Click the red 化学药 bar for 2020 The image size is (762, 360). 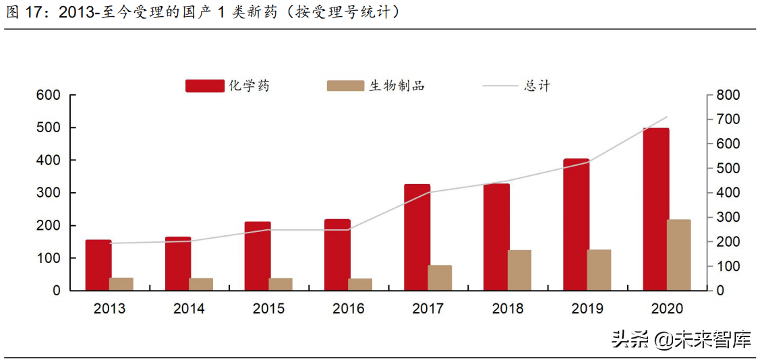[x=655, y=209]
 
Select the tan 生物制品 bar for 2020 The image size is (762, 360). [x=678, y=255]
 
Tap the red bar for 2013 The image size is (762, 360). [x=98, y=265]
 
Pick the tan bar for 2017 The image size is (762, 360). [x=440, y=278]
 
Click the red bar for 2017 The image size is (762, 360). [x=417, y=237]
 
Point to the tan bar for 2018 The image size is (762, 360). [x=519, y=270]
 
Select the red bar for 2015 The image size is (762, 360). [x=258, y=256]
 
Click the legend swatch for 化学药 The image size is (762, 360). [x=204, y=86]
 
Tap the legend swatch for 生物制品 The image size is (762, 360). [x=345, y=86]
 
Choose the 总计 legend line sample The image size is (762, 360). [x=501, y=86]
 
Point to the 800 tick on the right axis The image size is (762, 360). [x=728, y=95]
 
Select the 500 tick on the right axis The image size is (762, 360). [x=728, y=169]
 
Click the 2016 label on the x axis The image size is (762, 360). [x=348, y=309]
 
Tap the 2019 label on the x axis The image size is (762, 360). [x=587, y=309]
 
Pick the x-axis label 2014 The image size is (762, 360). [x=189, y=309]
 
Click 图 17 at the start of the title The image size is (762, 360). [x=24, y=12]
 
